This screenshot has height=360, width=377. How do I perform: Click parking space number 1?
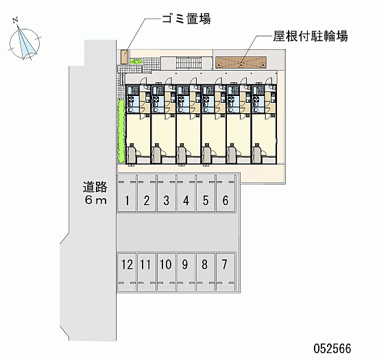tap(127, 193)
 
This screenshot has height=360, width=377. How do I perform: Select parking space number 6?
tap(226, 193)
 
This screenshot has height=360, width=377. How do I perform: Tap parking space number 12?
tap(127, 272)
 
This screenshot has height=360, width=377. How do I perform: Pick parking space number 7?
tap(226, 272)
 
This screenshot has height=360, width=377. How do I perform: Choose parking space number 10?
tap(166, 272)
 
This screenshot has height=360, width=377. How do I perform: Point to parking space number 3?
tap(166, 193)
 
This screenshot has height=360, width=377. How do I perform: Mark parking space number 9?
tap(186, 272)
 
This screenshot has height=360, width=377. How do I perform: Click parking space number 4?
tap(186, 193)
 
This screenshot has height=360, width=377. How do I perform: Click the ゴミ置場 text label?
tap(186, 19)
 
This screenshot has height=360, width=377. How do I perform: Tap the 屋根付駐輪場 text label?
tap(311, 36)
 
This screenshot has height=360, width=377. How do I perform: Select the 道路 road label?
tap(95, 187)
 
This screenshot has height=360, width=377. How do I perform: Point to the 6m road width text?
tap(95, 200)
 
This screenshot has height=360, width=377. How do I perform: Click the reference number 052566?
tap(332, 348)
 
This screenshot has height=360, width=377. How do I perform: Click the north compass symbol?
tap(24, 43)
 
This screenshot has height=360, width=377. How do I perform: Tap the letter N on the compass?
tap(16, 21)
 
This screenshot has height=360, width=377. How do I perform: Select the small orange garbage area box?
tap(124, 57)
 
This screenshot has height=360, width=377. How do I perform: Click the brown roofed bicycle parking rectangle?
tap(241, 62)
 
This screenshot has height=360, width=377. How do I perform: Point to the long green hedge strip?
tap(121, 130)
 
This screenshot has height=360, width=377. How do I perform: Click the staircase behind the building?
tap(189, 62)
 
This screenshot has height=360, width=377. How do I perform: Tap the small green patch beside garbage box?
tap(136, 62)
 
